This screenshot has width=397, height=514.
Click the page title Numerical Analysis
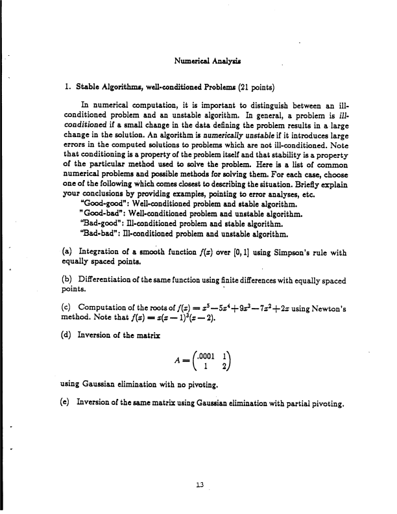tap(204, 62)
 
